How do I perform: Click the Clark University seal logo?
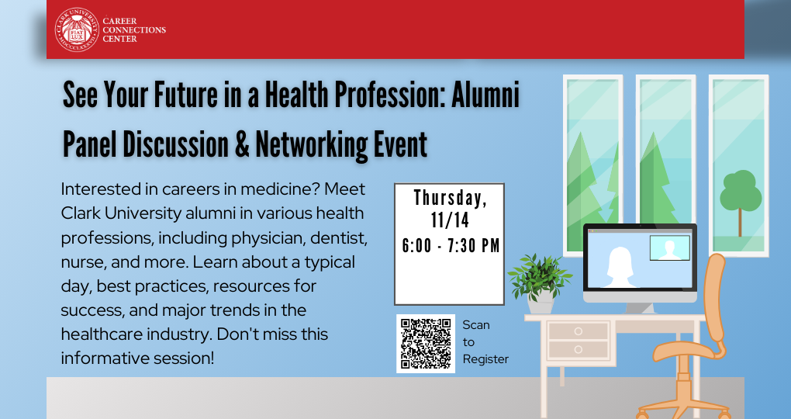[x=77, y=29]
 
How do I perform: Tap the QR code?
[x=426, y=344]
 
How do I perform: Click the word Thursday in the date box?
[x=450, y=198]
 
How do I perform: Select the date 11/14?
[x=450, y=220]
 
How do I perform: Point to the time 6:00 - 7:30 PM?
[x=451, y=246]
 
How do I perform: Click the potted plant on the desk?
[x=540, y=283]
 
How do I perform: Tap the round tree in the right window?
[x=740, y=203]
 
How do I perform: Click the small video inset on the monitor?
[x=669, y=248]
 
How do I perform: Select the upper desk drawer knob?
[x=578, y=331]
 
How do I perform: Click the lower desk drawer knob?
[x=578, y=349]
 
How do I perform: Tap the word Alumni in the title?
[x=485, y=95]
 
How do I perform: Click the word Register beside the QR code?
[x=485, y=359]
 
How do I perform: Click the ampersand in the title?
[x=242, y=145]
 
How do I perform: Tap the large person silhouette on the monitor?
[x=619, y=267]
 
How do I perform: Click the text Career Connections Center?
[x=134, y=29]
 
